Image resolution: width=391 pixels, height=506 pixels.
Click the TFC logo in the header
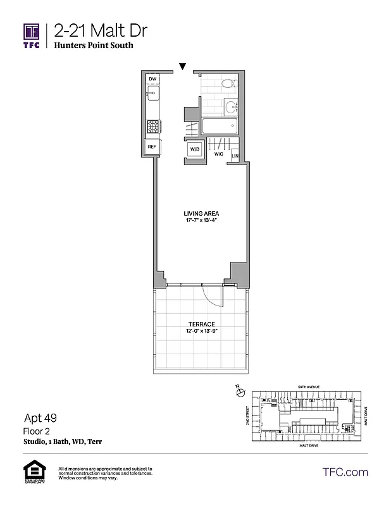tap(32, 35)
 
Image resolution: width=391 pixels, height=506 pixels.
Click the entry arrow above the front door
tap(183, 66)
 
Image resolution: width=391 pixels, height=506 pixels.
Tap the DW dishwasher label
tap(152, 79)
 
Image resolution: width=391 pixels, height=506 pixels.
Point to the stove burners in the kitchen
tap(152, 126)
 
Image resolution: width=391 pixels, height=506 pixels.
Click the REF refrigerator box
tap(152, 146)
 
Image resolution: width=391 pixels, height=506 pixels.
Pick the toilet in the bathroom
tap(230, 83)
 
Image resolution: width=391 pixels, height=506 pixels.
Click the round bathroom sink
tap(229, 107)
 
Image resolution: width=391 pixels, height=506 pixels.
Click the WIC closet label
tap(219, 154)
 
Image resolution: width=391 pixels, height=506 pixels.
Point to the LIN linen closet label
tap(235, 156)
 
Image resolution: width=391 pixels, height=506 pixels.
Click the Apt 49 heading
tap(40, 419)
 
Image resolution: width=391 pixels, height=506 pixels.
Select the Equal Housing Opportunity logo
tap(32, 473)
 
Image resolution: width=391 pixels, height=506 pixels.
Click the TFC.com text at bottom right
tap(345, 472)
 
